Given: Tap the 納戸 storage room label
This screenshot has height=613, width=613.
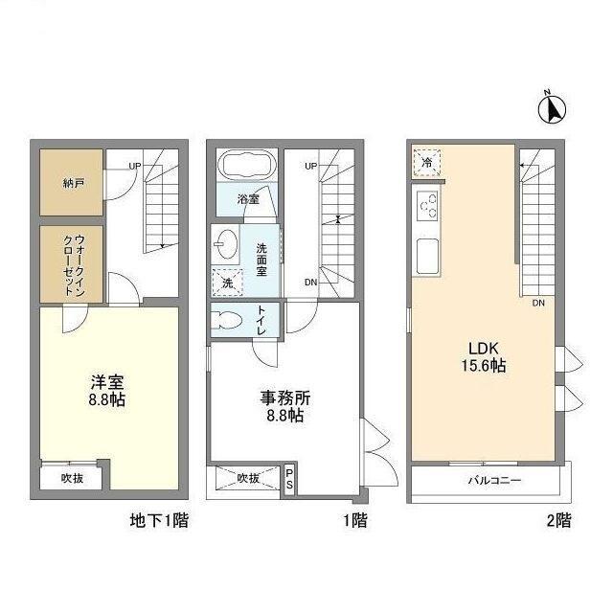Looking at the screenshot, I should [73, 183].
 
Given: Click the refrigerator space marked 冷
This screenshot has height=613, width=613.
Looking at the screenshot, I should [427, 164].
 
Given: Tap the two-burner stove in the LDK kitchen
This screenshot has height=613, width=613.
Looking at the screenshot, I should [427, 205].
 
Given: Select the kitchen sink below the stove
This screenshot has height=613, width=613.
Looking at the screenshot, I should [427, 255].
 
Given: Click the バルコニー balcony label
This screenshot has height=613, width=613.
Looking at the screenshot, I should [494, 481].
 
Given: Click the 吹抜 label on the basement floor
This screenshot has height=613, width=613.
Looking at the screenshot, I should [74, 478].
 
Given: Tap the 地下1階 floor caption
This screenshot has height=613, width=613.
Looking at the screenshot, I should [159, 522].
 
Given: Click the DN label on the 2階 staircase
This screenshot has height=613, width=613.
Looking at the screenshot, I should [540, 304].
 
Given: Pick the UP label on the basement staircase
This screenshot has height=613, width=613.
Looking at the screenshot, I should [136, 166].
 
